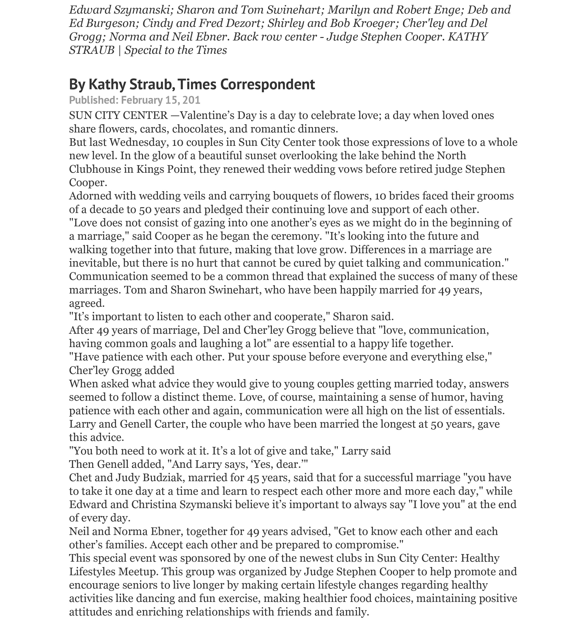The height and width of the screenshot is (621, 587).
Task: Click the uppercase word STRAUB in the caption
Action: tap(92, 50)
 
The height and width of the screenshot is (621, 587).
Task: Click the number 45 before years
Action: tap(253, 478)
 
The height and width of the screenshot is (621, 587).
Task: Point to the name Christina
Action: tap(154, 505)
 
